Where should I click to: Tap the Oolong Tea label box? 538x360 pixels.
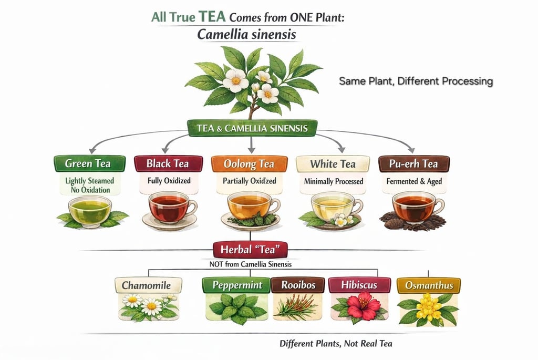249,164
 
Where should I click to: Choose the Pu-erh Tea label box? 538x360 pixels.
415,163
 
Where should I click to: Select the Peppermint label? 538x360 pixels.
236,285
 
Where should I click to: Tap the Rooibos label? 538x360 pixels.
298,285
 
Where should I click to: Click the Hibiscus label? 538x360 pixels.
360,285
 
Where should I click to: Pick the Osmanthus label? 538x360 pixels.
429,285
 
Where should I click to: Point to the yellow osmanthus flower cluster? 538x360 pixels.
429,308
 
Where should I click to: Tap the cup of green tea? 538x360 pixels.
90,210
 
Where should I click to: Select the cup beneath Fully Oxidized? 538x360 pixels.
169,208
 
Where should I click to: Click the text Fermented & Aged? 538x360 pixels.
415,182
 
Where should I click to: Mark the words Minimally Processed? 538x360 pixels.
333,182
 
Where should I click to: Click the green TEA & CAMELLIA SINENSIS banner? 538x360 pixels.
252,128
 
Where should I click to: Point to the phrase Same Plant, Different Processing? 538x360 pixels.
415,81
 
